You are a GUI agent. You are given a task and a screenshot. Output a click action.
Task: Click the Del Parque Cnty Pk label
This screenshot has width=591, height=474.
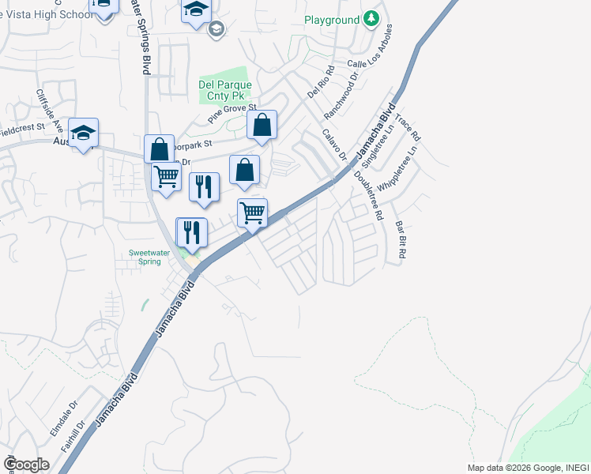tap(225, 90)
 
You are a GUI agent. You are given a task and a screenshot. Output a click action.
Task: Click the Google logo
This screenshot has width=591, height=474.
tap(25, 464)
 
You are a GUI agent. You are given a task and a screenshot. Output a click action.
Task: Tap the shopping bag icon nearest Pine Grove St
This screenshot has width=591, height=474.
tap(262, 126)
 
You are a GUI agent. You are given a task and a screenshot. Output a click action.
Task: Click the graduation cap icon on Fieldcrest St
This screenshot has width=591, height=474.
tap(83, 134)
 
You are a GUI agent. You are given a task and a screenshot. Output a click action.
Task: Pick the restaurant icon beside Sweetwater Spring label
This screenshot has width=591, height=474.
tap(192, 232)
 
